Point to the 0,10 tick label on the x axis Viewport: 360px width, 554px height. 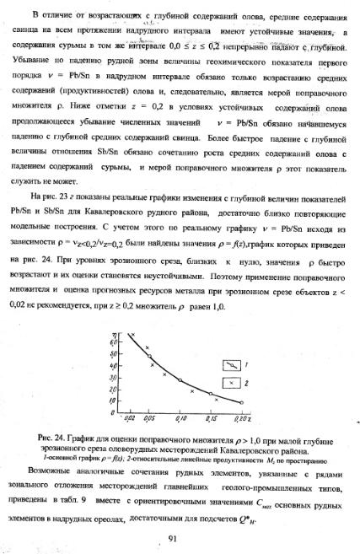pos(180,419)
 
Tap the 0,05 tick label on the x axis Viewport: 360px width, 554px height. pos(150,419)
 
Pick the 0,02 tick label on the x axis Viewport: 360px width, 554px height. pos(129,419)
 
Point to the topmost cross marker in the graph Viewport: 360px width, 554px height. pos(133,336)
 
